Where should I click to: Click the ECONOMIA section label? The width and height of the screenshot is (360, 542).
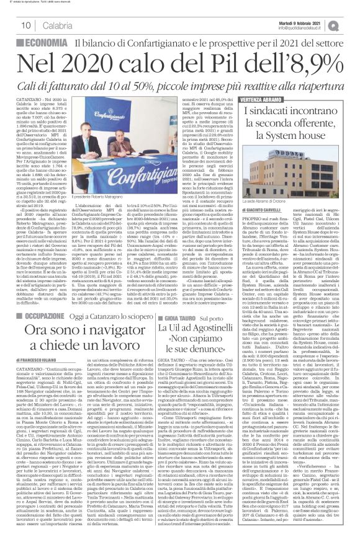click(47, 42)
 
